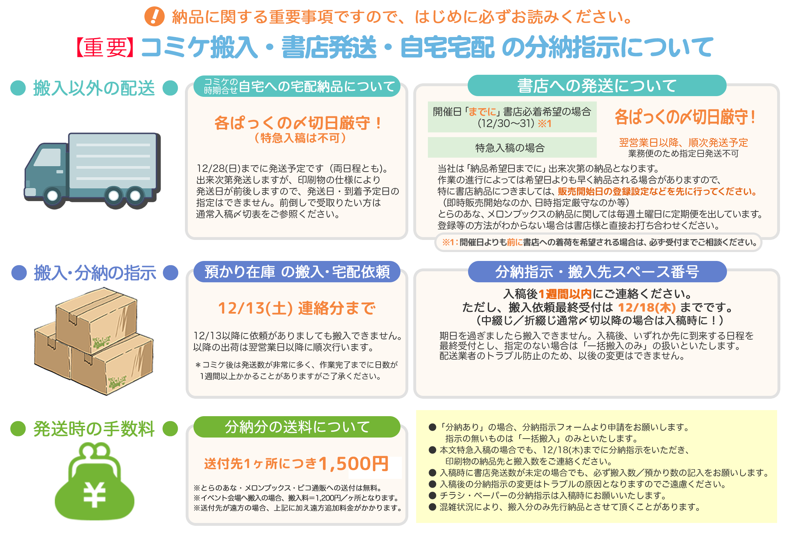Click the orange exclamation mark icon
(x=154, y=17)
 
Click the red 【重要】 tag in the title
(x=105, y=48)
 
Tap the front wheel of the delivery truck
(x=53, y=195)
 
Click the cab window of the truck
(x=48, y=158)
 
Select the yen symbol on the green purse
(x=94, y=495)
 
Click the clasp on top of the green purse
(x=95, y=450)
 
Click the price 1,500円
(x=354, y=464)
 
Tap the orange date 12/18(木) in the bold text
(x=647, y=307)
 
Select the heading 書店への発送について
(x=597, y=86)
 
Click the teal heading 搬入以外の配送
(x=94, y=88)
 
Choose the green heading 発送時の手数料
(x=94, y=429)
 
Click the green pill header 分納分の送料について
(x=297, y=427)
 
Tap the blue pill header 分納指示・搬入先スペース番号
(x=597, y=272)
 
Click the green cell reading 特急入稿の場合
(x=510, y=148)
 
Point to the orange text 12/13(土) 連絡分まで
(x=297, y=308)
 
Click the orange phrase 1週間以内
(x=565, y=294)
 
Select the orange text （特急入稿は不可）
(x=300, y=138)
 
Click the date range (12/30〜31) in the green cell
(x=506, y=124)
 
